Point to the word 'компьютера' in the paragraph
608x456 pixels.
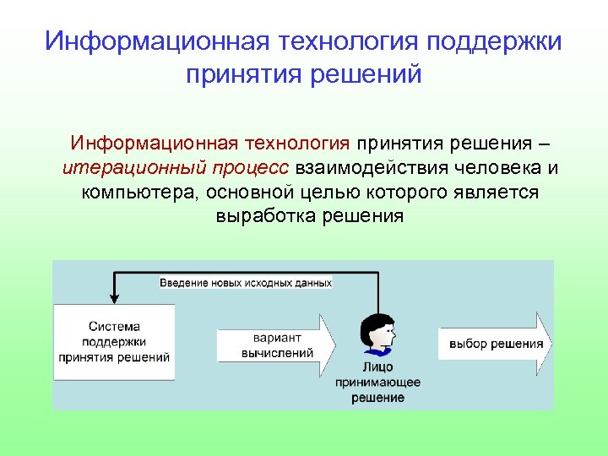(134, 192)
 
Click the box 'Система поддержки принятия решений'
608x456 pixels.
(114, 341)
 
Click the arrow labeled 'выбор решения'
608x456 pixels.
(495, 344)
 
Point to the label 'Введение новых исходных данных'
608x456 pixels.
(246, 283)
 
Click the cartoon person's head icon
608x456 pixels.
(377, 334)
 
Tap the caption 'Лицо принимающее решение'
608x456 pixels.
(377, 383)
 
